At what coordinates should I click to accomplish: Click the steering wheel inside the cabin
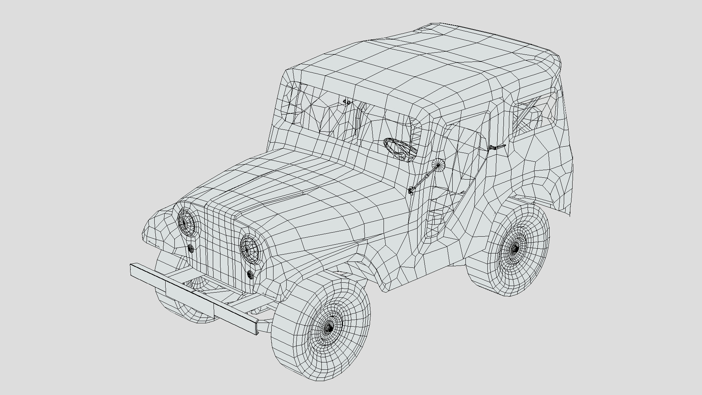pyautogui.click(x=400, y=148)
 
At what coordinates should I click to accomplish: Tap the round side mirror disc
pyautogui.click(x=438, y=165)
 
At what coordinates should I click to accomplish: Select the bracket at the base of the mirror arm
pyautogui.click(x=411, y=191)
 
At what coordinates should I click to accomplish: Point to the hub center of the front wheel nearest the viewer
pyautogui.click(x=329, y=327)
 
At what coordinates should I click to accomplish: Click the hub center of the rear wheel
pyautogui.click(x=514, y=249)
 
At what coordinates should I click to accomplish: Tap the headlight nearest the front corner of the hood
pyautogui.click(x=249, y=248)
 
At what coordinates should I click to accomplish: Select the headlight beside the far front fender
pyautogui.click(x=187, y=221)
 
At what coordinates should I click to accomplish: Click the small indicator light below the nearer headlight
pyautogui.click(x=250, y=274)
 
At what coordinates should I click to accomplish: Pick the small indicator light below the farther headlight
pyautogui.click(x=191, y=248)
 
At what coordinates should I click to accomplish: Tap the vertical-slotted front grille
pyautogui.click(x=219, y=245)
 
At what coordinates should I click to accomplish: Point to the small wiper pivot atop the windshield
pyautogui.click(x=347, y=102)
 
